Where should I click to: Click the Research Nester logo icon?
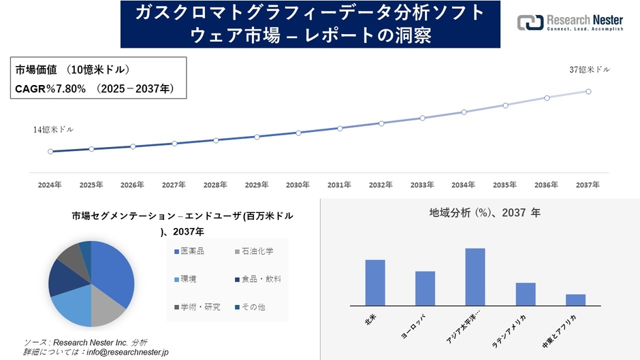click(530, 22)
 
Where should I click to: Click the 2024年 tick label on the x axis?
click(50, 185)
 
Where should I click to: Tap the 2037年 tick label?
click(588, 185)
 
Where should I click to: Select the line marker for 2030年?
click(298, 133)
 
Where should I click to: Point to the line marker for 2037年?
click(588, 91)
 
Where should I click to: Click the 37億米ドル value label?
click(590, 69)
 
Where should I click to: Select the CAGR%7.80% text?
click(50, 88)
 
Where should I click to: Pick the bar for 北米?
click(375, 282)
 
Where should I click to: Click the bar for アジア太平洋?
click(475, 277)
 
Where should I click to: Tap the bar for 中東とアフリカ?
click(575, 299)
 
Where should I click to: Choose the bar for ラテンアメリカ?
click(526, 294)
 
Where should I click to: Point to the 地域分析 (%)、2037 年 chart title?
click(484, 213)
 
